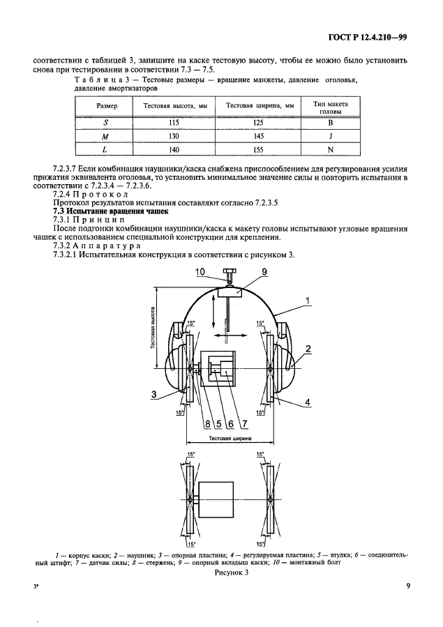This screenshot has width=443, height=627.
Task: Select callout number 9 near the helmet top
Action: [x=246, y=273]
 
